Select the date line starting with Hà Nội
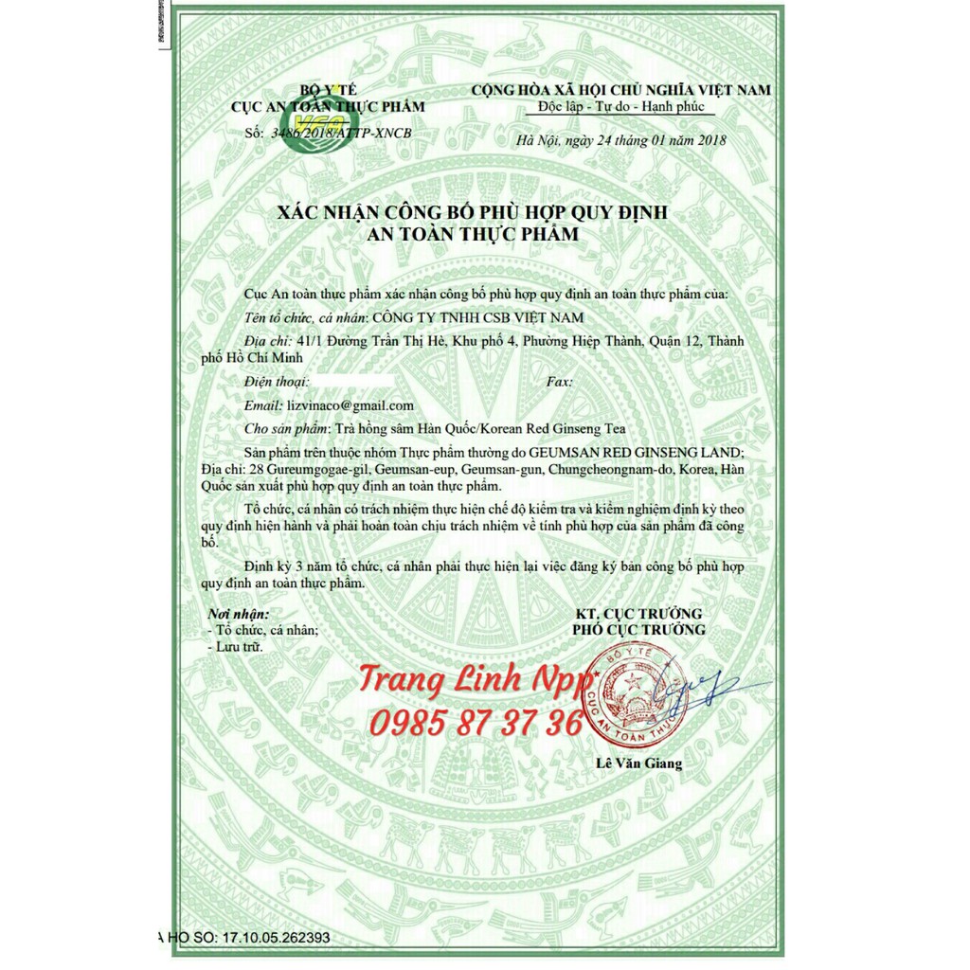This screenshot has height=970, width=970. pyautogui.click(x=621, y=141)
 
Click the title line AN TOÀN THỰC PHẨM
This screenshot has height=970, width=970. pyautogui.click(x=473, y=232)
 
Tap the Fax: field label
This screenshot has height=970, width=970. pyautogui.click(x=561, y=382)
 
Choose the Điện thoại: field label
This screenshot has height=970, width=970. pyautogui.click(x=276, y=382)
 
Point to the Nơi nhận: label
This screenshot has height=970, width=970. pyautogui.click(x=238, y=613)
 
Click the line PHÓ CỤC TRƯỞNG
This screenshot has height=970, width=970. pyautogui.click(x=638, y=630)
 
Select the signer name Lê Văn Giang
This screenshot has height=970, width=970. pyautogui.click(x=638, y=763)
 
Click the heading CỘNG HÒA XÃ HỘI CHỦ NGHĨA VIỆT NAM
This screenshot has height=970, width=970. pyautogui.click(x=620, y=89)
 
